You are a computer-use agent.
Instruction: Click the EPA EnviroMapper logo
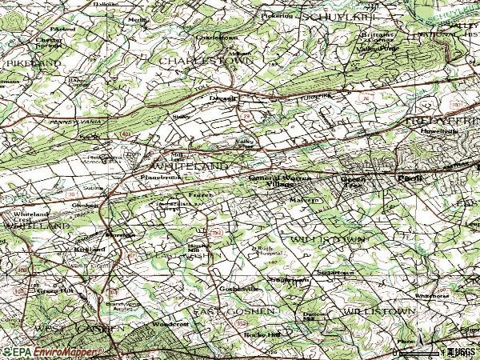[x=52, y=351]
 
